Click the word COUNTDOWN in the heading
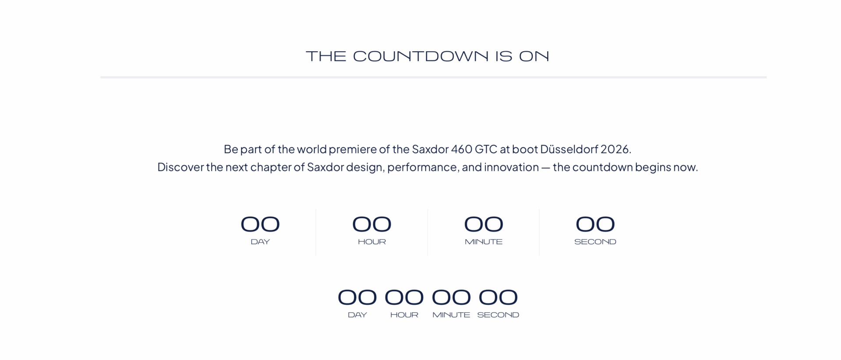click(420, 56)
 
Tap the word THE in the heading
click(326, 56)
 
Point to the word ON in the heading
click(534, 56)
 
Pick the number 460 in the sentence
click(462, 149)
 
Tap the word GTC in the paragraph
click(486, 149)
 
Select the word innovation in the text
click(511, 167)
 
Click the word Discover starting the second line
click(180, 167)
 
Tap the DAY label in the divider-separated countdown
click(260, 242)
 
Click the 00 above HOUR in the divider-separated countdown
click(372, 224)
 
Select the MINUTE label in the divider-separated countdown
click(484, 242)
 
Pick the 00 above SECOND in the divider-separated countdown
click(595, 224)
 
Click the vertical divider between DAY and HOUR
click(316, 232)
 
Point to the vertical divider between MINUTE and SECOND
click(539, 232)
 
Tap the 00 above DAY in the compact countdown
click(357, 297)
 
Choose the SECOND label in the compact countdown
click(498, 315)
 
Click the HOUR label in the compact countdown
click(404, 315)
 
